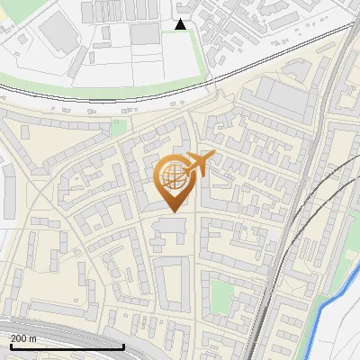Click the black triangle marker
pyautogui.click(x=181, y=24)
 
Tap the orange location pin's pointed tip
pyautogui.click(x=174, y=212)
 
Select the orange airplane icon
pyautogui.click(x=200, y=164)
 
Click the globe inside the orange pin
pyautogui.click(x=173, y=177)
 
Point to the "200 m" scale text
pyautogui.click(x=23, y=338)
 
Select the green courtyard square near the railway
pyautogui.click(x=220, y=293)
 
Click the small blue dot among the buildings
pyautogui.click(x=242, y=227)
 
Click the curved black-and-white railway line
pyautogui.click(x=108, y=101)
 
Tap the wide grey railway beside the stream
pyautogui.click(x=279, y=270)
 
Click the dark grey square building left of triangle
pyautogui.click(x=144, y=34)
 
